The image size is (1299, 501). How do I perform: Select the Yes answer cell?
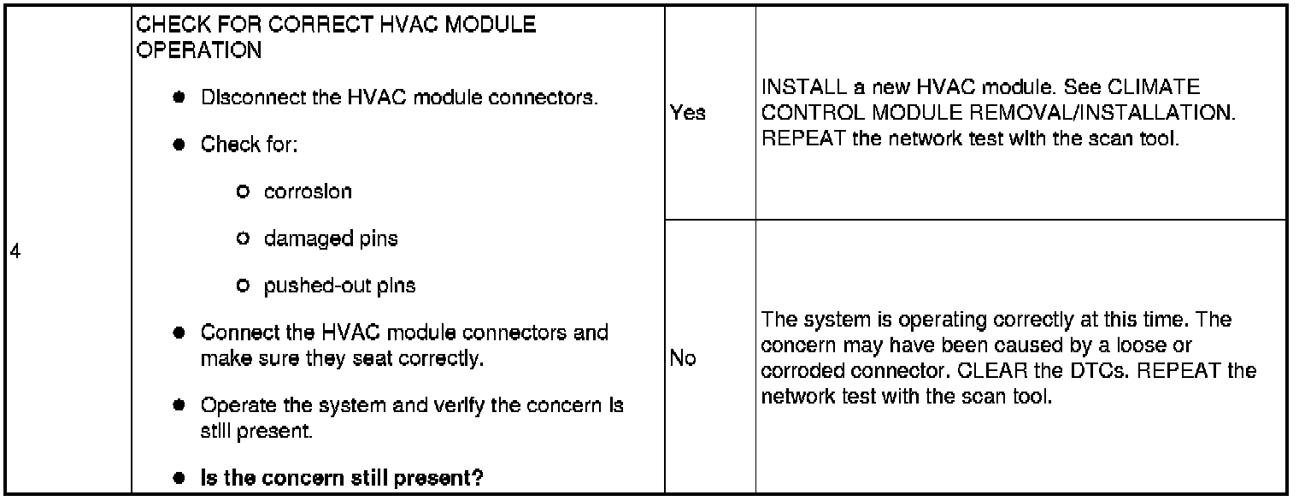(689, 113)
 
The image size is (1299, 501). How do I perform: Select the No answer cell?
(683, 359)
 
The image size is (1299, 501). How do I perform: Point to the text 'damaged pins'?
(331, 239)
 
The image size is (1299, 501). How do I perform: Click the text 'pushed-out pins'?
(340, 286)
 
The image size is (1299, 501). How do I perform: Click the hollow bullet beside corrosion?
(244, 192)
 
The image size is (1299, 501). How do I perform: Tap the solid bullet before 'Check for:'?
(179, 144)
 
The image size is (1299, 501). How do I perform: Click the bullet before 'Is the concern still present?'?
(179, 479)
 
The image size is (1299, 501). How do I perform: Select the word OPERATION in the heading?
(199, 50)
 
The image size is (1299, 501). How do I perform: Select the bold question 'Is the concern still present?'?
(342, 479)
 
